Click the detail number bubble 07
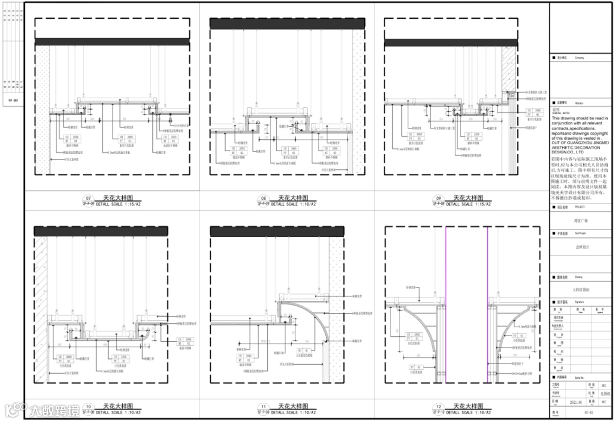coord(88,198)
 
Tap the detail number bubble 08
coord(263,198)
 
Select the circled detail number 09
coord(438,198)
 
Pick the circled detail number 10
coord(88,407)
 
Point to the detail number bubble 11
coord(263,407)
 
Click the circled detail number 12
coord(438,407)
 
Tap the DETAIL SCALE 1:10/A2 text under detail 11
coord(293,412)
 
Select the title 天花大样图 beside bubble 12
coord(468,406)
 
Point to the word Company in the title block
coord(579,57)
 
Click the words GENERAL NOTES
coord(561,114)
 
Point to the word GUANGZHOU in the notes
coord(572,143)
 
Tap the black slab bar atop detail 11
coord(277,231)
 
